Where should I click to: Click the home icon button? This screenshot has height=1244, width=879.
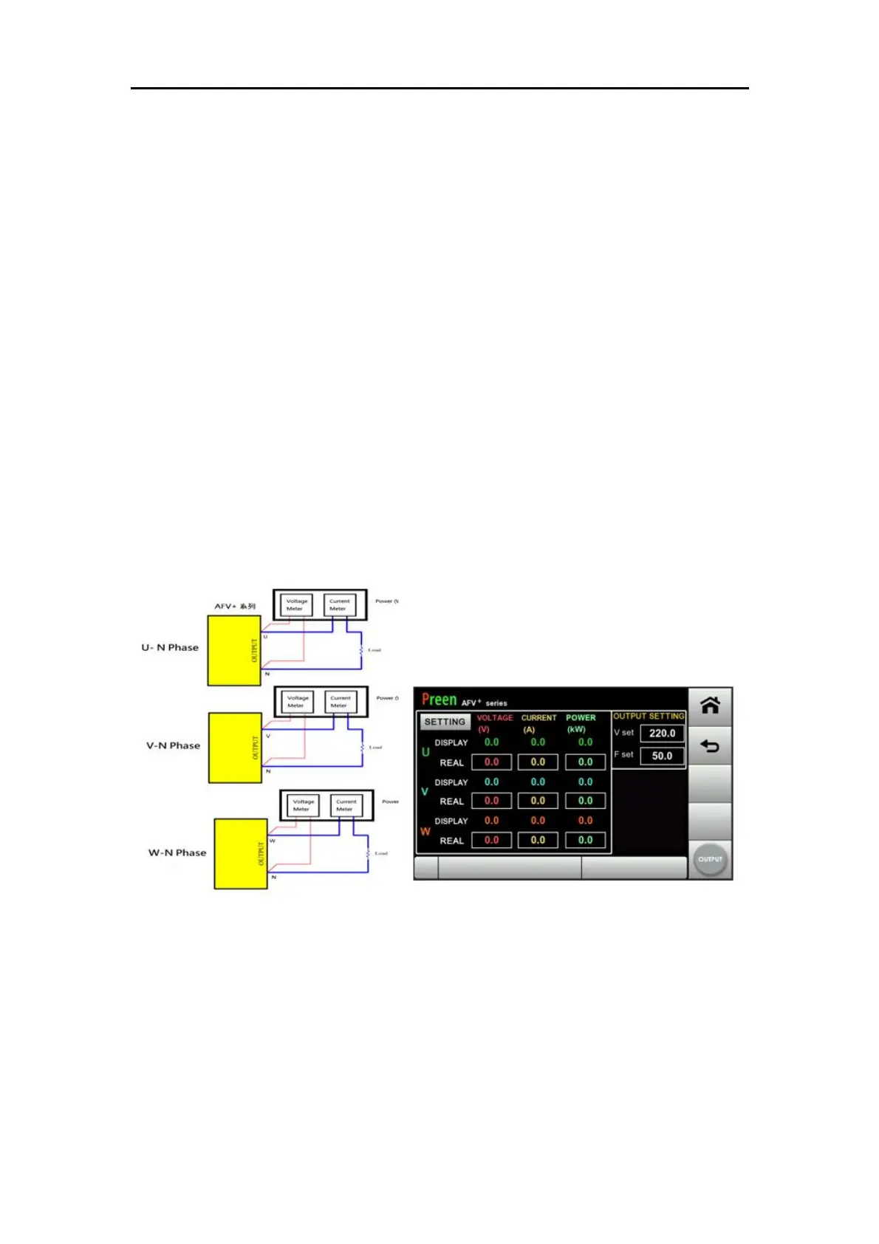click(x=710, y=705)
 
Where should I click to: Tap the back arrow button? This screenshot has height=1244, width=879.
click(x=710, y=746)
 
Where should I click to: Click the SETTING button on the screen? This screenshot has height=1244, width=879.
click(x=445, y=722)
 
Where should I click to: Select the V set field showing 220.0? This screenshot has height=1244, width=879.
click(x=662, y=734)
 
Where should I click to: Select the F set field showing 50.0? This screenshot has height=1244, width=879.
click(x=662, y=756)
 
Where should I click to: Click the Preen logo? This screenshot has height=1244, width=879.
click(x=439, y=700)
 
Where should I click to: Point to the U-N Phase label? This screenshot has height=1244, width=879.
click(x=170, y=648)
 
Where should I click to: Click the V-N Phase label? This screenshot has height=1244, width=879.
click(x=173, y=746)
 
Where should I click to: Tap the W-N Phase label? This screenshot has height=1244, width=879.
click(x=177, y=852)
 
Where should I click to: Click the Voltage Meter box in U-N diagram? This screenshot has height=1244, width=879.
click(x=296, y=605)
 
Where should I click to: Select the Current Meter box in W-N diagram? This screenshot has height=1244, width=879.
click(x=346, y=805)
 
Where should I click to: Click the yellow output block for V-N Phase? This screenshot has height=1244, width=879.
click(x=235, y=748)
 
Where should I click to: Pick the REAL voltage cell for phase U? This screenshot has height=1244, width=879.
click(x=491, y=762)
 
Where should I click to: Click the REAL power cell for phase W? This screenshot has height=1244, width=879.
click(x=585, y=840)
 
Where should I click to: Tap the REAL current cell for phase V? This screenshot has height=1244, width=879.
click(x=538, y=801)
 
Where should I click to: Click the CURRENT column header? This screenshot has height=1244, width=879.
click(x=539, y=718)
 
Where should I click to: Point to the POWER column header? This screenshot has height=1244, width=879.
click(x=581, y=718)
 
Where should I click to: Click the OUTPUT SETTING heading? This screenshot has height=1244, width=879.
click(x=649, y=717)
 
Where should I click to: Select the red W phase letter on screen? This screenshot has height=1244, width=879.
click(x=425, y=831)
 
